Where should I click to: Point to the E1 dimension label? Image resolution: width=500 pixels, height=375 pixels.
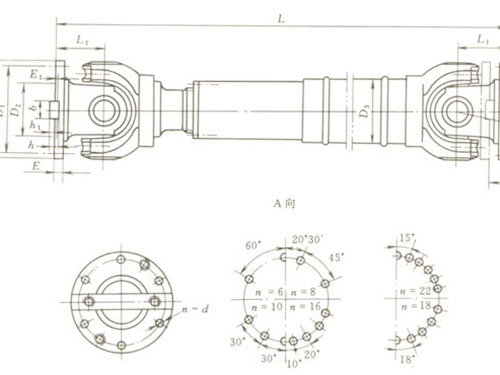tap(35, 75)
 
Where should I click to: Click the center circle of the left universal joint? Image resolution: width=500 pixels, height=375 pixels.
tap(101, 107)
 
